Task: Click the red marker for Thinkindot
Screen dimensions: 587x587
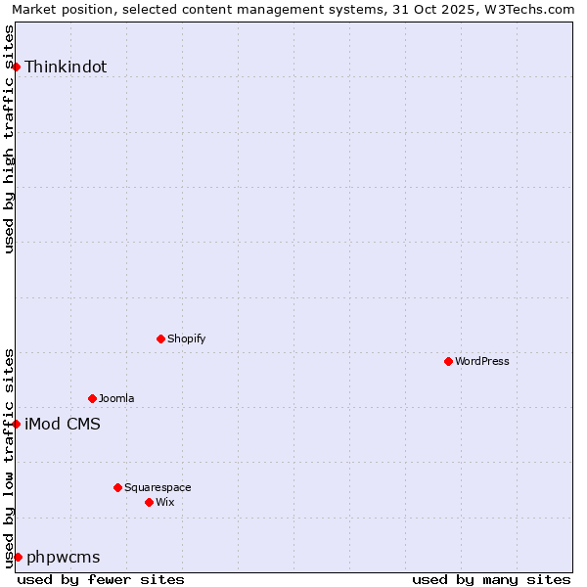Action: (x=17, y=67)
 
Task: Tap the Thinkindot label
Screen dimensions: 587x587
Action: (x=66, y=68)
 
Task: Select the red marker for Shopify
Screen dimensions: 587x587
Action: (x=160, y=339)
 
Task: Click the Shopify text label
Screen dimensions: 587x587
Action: (x=186, y=339)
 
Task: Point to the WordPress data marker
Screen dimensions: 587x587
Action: (x=448, y=361)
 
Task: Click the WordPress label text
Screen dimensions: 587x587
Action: (x=482, y=362)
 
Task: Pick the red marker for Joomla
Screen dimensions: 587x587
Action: (x=92, y=398)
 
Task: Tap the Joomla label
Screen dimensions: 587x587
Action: (x=116, y=399)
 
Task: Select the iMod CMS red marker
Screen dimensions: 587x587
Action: (x=17, y=424)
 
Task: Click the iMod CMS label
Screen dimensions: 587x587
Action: (x=63, y=425)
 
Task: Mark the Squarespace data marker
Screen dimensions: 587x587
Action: (x=117, y=487)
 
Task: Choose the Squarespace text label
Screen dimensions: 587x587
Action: (x=158, y=488)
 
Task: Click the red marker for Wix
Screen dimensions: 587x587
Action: (x=149, y=502)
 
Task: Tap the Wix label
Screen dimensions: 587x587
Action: (x=165, y=503)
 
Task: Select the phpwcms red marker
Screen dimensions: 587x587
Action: (x=18, y=557)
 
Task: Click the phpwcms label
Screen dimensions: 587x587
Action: (x=64, y=558)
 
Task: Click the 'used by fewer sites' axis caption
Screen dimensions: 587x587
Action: (x=101, y=579)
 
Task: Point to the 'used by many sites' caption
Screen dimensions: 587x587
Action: (x=491, y=579)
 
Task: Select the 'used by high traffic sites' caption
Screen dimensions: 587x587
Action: (x=9, y=139)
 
